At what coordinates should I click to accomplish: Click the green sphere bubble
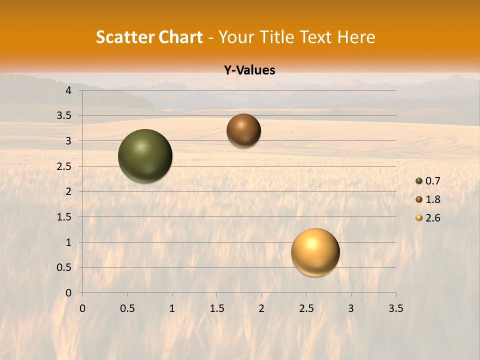[145, 156]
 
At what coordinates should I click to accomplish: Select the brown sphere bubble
[243, 130]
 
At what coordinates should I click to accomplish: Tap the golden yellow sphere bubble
[315, 252]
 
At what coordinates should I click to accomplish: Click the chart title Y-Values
[249, 70]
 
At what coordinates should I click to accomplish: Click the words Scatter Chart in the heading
[149, 37]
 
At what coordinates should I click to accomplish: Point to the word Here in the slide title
[356, 37]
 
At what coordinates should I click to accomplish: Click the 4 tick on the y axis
[68, 90]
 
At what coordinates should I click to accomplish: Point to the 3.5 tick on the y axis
[65, 116]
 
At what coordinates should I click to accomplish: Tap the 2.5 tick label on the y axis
[65, 166]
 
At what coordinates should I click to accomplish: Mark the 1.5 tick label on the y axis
[65, 217]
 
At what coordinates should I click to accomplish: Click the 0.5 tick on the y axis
[65, 267]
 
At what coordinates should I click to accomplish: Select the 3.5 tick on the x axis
[395, 308]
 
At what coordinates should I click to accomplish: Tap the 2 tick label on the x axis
[261, 308]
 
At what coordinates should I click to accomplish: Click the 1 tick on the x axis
[172, 308]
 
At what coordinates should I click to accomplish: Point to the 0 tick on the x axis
[82, 308]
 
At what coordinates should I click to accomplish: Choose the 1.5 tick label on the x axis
[216, 308]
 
